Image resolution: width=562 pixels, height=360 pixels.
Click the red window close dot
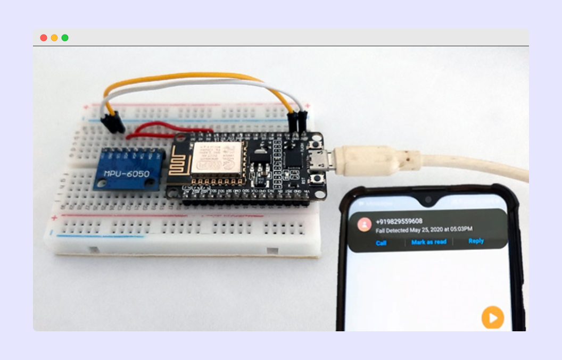click(x=44, y=38)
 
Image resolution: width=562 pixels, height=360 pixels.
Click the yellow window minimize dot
click(x=54, y=38)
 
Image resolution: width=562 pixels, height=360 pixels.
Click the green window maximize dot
click(x=65, y=38)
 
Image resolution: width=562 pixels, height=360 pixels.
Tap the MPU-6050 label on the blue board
click(x=126, y=174)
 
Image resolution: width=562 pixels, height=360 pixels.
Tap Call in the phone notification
click(x=381, y=243)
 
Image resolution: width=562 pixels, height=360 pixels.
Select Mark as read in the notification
click(x=428, y=242)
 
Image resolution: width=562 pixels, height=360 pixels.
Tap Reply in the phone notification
click(x=476, y=241)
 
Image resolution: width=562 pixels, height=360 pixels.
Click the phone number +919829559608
click(x=399, y=221)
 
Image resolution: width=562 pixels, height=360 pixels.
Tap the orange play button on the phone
click(x=492, y=317)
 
